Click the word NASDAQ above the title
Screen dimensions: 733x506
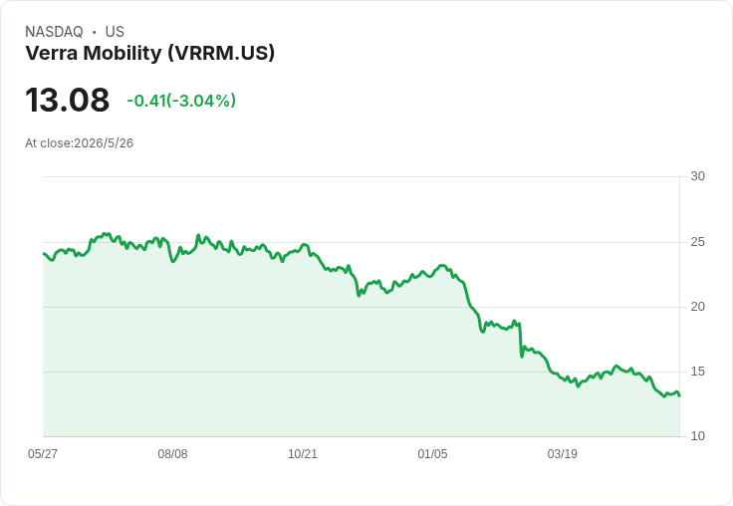[54, 32]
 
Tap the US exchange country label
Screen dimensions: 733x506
[115, 32]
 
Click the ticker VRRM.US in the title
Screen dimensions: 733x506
[221, 53]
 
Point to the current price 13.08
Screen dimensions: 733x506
[68, 100]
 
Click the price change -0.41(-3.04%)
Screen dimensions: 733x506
[181, 101]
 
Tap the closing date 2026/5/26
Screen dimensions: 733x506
[104, 143]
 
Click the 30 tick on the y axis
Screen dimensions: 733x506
[697, 176]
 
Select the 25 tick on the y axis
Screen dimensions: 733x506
[697, 242]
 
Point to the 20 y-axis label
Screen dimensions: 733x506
[697, 307]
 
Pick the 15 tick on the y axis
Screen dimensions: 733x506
[697, 372]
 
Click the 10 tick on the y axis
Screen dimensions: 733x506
[697, 436]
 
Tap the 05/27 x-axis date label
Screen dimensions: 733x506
[43, 454]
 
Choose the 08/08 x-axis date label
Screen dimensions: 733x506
[172, 454]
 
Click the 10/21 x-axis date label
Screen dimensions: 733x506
[303, 454]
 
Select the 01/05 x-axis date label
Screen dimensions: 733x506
[432, 454]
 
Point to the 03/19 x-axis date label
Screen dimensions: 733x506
[563, 454]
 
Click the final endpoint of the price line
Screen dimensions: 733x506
[679, 395]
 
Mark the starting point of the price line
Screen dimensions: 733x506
[44, 254]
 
